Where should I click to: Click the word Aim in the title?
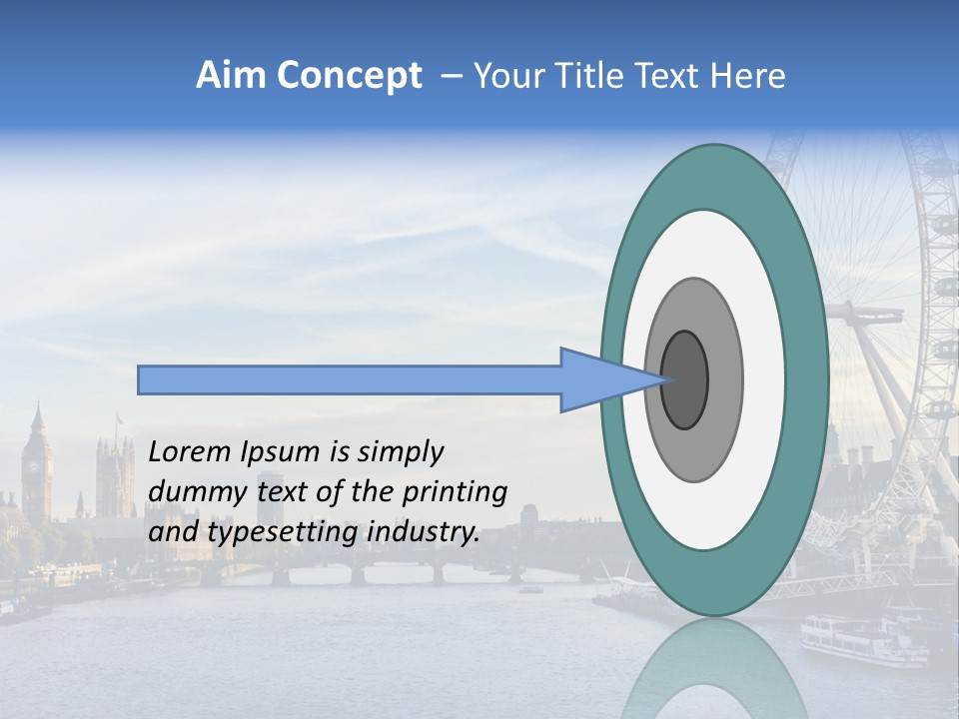(231, 76)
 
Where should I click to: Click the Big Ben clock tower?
(37, 464)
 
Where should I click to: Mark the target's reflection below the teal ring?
(714, 669)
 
